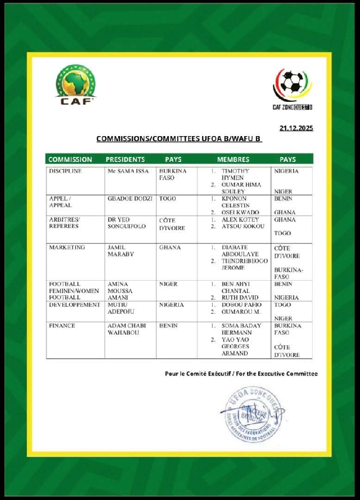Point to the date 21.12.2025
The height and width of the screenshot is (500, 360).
[x=296, y=128]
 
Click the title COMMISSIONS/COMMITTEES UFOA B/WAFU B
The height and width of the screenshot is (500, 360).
[x=179, y=138]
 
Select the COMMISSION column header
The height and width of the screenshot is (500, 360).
[x=70, y=160]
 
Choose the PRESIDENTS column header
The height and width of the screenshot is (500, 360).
[x=125, y=160]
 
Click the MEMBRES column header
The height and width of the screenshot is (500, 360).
[x=233, y=160]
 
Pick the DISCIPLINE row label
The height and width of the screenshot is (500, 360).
[x=67, y=171]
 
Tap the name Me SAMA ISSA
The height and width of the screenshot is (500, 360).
[x=128, y=171]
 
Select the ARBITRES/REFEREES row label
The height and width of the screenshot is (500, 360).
[x=65, y=223]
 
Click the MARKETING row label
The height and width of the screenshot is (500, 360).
[x=67, y=247]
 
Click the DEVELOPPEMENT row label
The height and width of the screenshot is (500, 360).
[x=74, y=305]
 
